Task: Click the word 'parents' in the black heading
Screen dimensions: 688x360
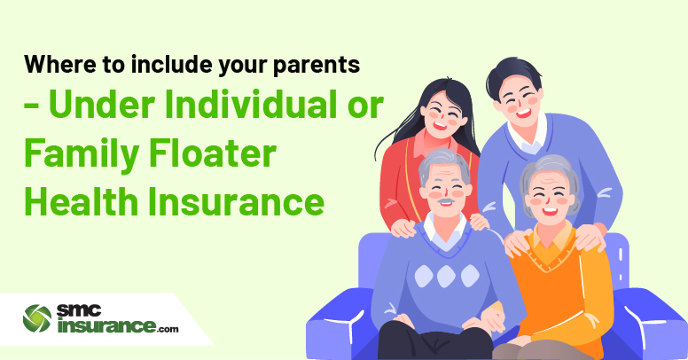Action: pos(316,66)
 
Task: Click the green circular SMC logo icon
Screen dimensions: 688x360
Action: pos(37,317)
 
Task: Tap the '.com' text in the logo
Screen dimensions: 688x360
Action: pos(168,328)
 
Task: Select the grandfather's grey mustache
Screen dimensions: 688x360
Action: pos(445,201)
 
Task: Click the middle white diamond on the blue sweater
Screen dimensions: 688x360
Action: pos(446,276)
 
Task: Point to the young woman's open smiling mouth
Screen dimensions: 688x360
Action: pos(440,126)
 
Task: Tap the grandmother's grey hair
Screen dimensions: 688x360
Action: pos(550,172)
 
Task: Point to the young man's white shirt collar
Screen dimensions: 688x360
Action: pos(527,135)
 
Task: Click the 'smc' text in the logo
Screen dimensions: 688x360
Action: pos(79,311)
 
